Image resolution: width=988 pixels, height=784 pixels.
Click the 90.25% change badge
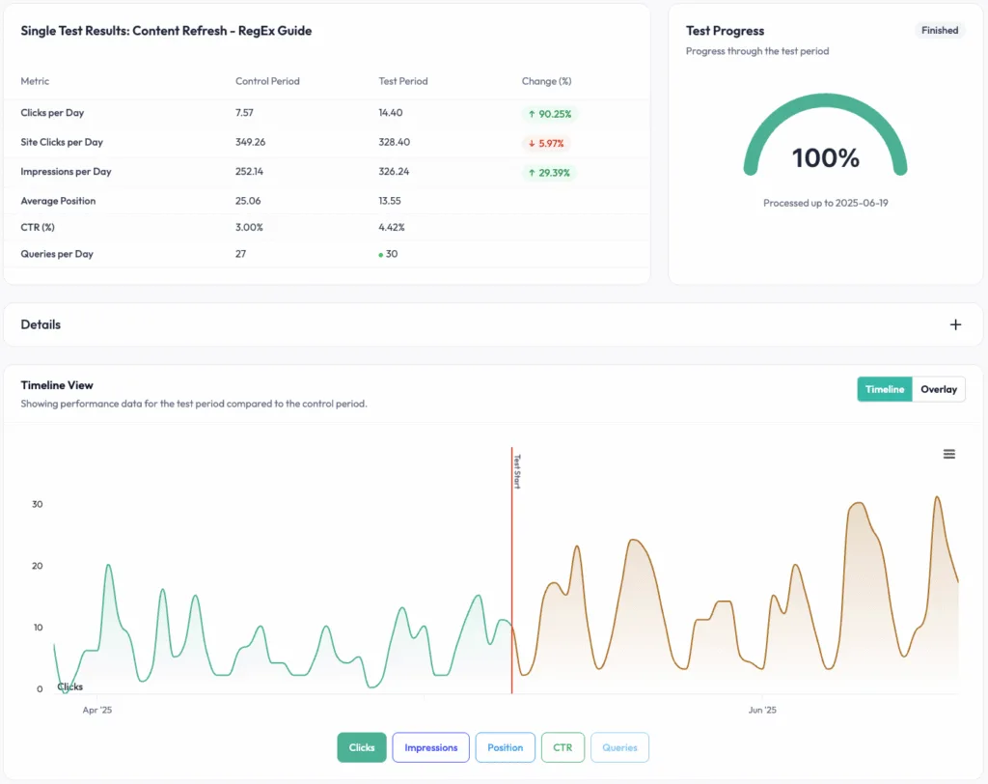[x=548, y=114]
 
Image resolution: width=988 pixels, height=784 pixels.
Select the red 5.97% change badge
[x=546, y=143]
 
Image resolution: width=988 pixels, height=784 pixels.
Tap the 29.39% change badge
[x=548, y=173]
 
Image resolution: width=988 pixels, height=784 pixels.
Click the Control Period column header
[x=267, y=81]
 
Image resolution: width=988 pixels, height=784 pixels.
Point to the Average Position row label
[x=58, y=201]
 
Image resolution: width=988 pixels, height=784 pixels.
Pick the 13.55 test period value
[x=390, y=201]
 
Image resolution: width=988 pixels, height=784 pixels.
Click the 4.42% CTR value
[x=392, y=228]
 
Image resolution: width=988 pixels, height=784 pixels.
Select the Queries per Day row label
[x=56, y=254]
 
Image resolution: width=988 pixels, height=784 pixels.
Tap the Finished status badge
[x=939, y=31]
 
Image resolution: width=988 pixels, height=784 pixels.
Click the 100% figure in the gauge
[x=825, y=158]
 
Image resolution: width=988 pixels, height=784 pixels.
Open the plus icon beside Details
[x=955, y=324]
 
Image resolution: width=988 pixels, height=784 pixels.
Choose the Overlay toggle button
[x=938, y=389]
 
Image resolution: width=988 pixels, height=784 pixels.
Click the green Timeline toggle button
[x=884, y=389]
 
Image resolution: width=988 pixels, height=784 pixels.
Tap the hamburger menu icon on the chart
[x=948, y=454]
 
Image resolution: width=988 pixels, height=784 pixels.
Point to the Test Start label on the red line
[x=516, y=471]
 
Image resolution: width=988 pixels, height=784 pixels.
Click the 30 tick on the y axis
[x=37, y=504]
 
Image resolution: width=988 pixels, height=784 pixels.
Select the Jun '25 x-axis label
[x=761, y=710]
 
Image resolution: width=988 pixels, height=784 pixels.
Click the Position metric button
[x=505, y=747]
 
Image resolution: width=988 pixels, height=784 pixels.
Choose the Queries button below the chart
[x=619, y=747]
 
